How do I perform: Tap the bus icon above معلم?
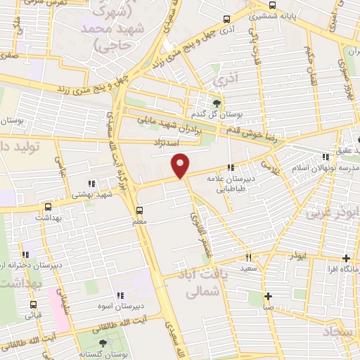pos(139,210)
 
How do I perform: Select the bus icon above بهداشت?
pos(48,207)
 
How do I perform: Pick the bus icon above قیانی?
pos(33,304)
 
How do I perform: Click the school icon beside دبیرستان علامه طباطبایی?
pos(231,167)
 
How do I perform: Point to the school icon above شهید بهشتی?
pos(91,184)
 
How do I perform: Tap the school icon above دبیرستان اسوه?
pos(120,295)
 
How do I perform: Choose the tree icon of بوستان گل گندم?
pos(215,103)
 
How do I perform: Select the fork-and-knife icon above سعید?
pos(247,257)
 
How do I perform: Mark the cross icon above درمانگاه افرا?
pos(345,258)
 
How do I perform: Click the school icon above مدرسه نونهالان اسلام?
pos(325,157)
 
